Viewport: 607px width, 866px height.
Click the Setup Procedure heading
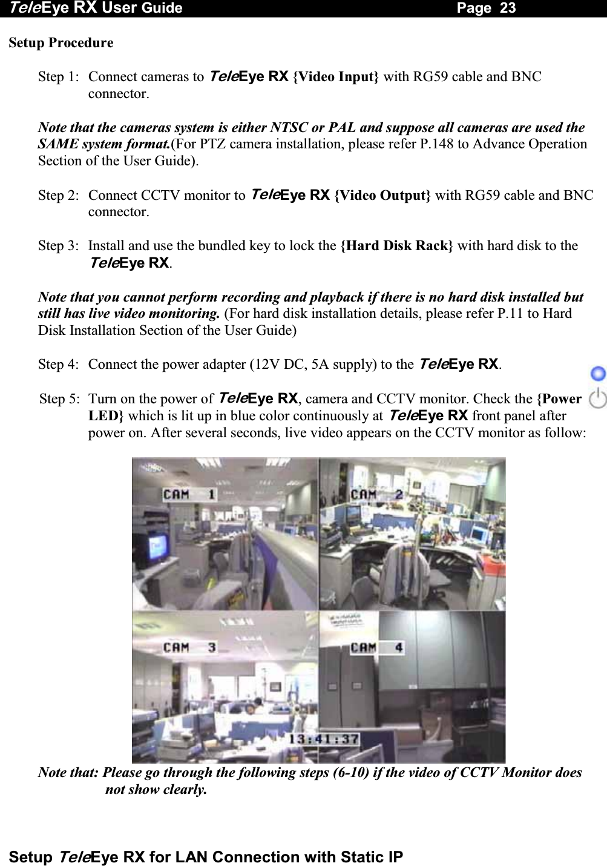(61, 43)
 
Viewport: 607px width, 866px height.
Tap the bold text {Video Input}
(336, 77)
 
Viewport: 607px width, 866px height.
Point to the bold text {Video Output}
(382, 196)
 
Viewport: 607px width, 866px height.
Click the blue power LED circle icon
(598, 373)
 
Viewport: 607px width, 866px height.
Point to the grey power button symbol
(598, 398)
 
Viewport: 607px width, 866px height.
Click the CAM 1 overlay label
(189, 494)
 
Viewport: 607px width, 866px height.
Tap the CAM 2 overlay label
(376, 494)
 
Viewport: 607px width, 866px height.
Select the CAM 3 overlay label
(189, 647)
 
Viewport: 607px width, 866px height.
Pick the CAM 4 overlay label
(376, 647)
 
